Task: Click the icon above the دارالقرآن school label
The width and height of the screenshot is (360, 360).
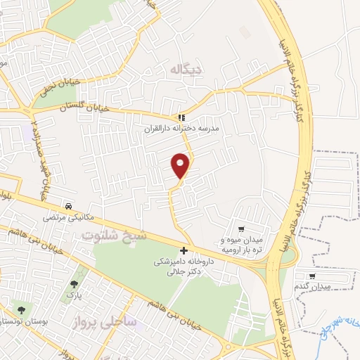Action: [181, 118]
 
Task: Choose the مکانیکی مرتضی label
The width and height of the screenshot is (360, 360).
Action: [67, 218]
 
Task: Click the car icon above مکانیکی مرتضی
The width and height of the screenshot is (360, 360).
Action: [68, 207]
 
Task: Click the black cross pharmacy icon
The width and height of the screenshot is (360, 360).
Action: [184, 250]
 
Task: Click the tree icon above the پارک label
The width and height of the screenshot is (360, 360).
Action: [74, 285]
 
